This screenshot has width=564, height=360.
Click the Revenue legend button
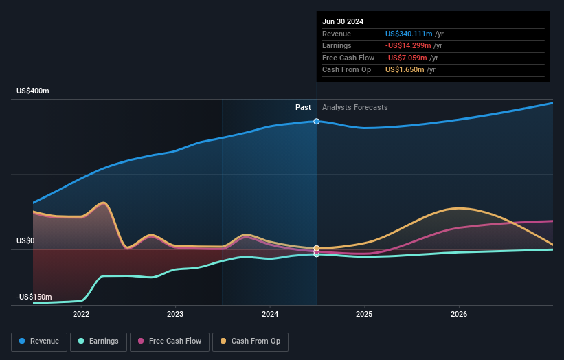(x=39, y=341)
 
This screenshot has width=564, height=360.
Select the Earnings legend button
(x=98, y=341)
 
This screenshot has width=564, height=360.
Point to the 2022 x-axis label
(x=81, y=314)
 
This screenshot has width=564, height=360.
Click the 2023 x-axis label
(x=175, y=314)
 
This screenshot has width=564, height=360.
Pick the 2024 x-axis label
(x=270, y=314)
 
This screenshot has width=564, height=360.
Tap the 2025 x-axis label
(x=364, y=314)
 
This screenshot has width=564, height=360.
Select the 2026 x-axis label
(x=459, y=314)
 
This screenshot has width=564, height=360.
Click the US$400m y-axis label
(x=33, y=91)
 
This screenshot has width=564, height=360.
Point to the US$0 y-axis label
(x=25, y=241)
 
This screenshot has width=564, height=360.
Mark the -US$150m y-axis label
(x=34, y=297)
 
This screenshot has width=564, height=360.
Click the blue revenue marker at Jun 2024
(x=317, y=122)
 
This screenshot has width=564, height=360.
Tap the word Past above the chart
(x=303, y=108)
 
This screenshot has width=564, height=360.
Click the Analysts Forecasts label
(x=354, y=108)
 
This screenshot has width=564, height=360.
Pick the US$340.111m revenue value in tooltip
(x=409, y=34)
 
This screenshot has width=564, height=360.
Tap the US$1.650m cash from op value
(x=405, y=70)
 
